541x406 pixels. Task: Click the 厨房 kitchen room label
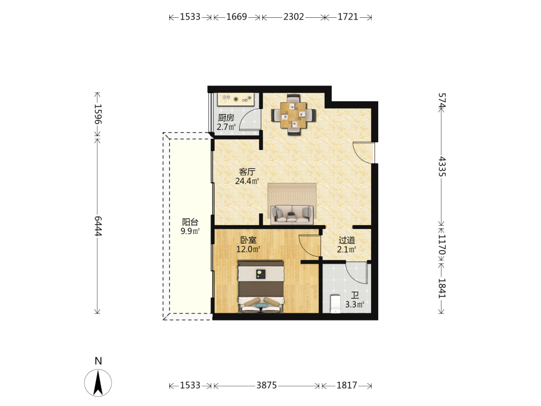pos(226,117)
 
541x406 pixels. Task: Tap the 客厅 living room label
pos(247,172)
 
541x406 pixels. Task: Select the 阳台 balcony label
pos(190,222)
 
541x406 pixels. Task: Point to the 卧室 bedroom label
pos(248,240)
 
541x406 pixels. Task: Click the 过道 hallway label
pos(347,240)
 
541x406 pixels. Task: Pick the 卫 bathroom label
pos(355,295)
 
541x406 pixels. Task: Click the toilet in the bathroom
pos(335,304)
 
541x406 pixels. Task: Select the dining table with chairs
pos(293,115)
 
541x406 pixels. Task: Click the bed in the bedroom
pos(261,286)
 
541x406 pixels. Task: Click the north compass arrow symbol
pos(98,383)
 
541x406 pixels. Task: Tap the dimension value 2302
pos(294,17)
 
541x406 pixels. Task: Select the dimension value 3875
pos(266,385)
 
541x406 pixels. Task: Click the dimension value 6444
pos(98,226)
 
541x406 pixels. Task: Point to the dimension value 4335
pos(442,167)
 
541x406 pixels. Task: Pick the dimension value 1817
pos(347,385)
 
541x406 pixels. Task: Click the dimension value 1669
pos(236,17)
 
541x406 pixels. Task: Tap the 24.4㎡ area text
pos(247,181)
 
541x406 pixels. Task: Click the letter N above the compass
pos(98,361)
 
